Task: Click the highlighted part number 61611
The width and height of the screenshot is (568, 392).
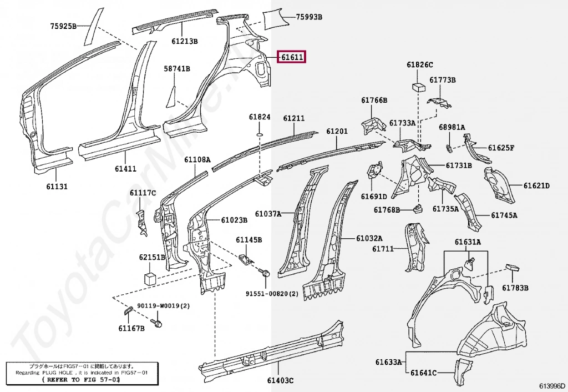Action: (x=291, y=57)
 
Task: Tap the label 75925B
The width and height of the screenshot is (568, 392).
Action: (x=63, y=26)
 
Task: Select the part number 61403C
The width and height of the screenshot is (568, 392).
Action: (x=280, y=380)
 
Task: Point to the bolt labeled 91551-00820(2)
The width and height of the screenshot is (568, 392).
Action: (x=265, y=273)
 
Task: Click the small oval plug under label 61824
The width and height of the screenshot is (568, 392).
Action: (x=260, y=135)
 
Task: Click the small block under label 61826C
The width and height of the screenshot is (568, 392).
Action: (x=419, y=87)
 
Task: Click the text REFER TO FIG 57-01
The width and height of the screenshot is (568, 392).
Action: (x=81, y=380)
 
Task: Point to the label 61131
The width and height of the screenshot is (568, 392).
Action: (x=57, y=187)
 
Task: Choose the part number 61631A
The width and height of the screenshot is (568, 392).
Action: (x=468, y=242)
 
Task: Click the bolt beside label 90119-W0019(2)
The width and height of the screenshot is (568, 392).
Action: (x=157, y=321)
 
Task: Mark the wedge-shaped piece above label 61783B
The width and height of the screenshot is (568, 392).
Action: (x=512, y=268)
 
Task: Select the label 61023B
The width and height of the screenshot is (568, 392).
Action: (x=234, y=220)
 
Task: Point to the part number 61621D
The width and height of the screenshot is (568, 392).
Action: (x=536, y=185)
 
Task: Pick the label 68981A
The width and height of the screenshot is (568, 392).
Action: (x=452, y=127)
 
